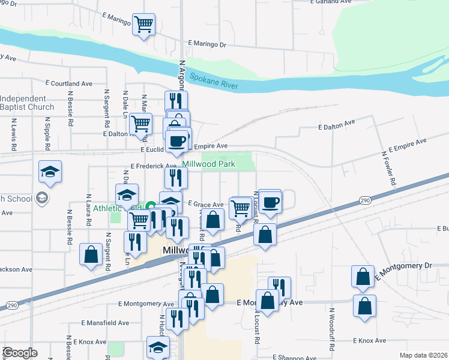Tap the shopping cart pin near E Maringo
click(143, 25)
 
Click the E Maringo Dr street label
click(207, 44)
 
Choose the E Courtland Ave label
click(71, 83)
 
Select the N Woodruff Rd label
click(331, 329)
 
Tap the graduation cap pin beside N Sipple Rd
click(51, 172)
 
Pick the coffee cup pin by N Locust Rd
click(270, 202)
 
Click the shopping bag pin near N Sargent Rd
click(91, 254)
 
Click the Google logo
click(20, 353)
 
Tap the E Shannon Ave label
click(294, 358)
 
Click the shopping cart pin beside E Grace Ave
click(240, 208)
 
